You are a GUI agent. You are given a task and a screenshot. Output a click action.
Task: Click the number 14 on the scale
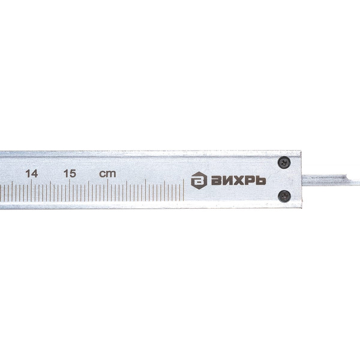31,174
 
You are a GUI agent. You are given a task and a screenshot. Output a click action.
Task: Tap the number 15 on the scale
70,174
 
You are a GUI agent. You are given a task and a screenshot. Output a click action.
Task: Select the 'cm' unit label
107,174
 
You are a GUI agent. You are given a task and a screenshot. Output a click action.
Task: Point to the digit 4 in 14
34,174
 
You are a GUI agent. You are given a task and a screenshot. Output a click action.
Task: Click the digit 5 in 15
73,174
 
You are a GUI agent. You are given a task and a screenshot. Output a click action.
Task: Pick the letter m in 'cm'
111,174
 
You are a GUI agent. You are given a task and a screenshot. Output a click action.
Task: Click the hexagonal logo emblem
199,181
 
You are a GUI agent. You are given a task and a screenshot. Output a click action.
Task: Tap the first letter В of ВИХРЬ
216,181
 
